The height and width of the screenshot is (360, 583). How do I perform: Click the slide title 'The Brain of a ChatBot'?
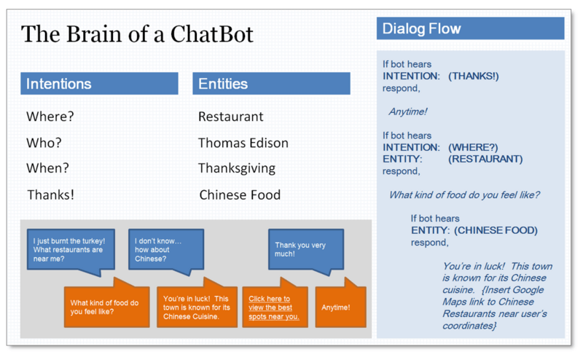137,34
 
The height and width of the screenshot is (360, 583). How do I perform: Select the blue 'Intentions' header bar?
99,84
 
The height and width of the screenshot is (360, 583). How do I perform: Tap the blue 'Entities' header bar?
271,84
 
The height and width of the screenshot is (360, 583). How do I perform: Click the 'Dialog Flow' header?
470,29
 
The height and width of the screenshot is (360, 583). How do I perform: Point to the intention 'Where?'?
50,117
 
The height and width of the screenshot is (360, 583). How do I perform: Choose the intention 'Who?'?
44,143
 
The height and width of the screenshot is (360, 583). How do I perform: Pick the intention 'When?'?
48,168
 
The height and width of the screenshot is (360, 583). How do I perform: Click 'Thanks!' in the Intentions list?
51,195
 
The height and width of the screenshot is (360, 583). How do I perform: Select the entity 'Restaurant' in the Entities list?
231,117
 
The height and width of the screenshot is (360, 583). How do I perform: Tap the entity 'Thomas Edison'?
243,143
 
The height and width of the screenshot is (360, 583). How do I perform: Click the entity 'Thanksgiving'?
237,168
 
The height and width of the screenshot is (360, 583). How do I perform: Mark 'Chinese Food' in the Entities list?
240,195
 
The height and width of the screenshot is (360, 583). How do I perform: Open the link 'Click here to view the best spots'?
274,308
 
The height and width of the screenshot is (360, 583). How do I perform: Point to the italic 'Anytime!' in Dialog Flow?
408,111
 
